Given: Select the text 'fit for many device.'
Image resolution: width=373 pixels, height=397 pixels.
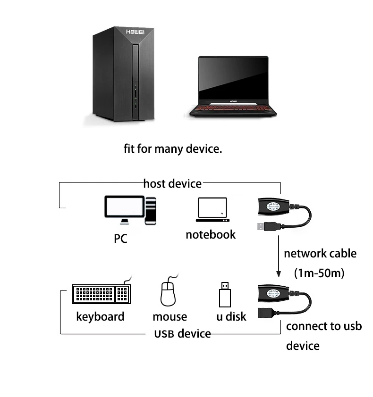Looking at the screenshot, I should tap(173, 149).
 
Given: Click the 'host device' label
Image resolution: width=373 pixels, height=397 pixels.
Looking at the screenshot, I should tap(172, 183).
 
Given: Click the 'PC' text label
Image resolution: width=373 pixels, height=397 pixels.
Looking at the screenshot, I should tap(120, 239).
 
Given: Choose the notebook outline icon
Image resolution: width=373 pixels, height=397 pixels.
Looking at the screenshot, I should tap(212, 210).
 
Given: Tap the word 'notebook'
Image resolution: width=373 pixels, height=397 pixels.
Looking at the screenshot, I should tap(211, 234).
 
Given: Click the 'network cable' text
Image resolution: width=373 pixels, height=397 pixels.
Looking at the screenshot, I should tap(320, 254).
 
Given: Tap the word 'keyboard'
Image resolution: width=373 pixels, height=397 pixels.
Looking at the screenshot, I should tap(100, 316).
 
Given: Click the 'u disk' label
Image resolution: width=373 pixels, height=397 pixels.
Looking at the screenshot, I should tap(231, 316).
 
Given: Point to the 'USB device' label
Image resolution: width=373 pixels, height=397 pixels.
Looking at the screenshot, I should tap(182, 334).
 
